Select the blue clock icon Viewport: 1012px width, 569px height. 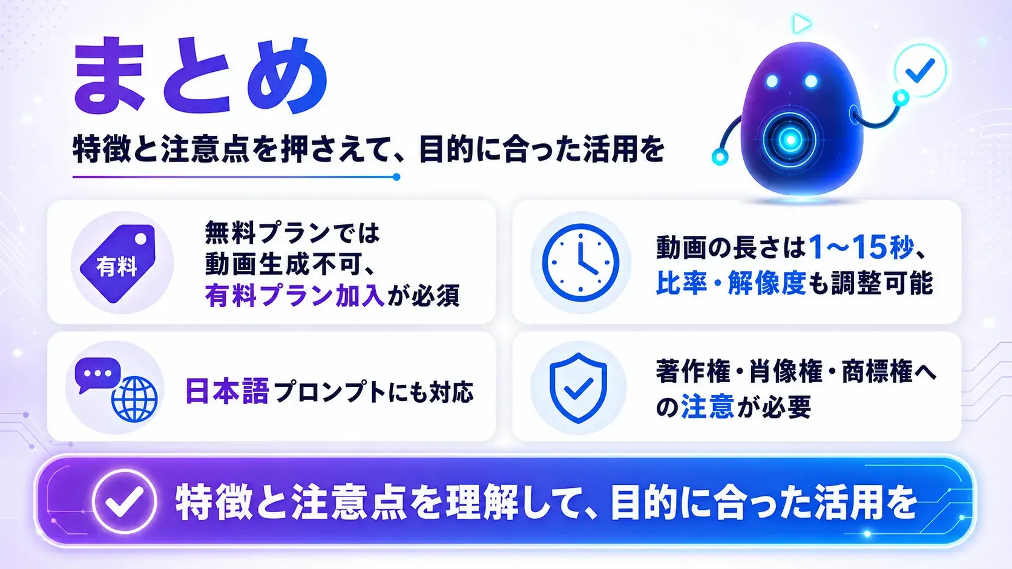[x=580, y=262]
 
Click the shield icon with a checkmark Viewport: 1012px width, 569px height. [x=578, y=388]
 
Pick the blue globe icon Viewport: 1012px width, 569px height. [x=134, y=399]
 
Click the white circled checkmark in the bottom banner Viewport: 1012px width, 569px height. [x=124, y=502]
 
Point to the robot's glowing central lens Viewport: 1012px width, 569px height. [x=790, y=140]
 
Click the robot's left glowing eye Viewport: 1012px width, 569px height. [x=772, y=81]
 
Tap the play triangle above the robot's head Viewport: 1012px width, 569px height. [x=801, y=24]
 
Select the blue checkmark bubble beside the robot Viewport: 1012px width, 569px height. [x=920, y=70]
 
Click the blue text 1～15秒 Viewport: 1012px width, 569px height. [x=861, y=247]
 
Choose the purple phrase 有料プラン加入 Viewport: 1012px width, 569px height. [x=295, y=296]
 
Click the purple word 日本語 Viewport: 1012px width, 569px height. [x=227, y=391]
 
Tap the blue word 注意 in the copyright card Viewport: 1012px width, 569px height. [x=707, y=406]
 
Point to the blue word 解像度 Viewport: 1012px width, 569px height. [x=767, y=284]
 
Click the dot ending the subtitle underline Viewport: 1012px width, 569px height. [x=396, y=177]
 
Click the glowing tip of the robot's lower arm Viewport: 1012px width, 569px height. [x=720, y=157]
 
